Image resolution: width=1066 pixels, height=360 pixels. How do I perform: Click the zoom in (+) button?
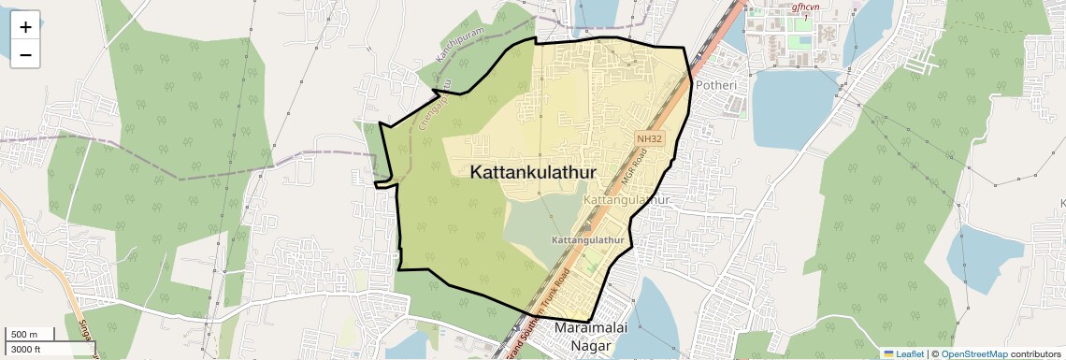(x=25, y=27)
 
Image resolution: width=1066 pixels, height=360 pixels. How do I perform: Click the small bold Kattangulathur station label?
(x=587, y=240)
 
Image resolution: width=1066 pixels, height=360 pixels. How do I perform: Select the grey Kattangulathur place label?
(x=627, y=201)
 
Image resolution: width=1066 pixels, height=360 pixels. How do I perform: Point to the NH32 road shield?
(x=649, y=138)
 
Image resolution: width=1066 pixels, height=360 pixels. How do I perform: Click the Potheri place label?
(x=715, y=85)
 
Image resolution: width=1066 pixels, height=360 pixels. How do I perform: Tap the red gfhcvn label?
(x=805, y=7)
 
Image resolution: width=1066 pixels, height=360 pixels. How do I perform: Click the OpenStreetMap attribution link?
(x=974, y=353)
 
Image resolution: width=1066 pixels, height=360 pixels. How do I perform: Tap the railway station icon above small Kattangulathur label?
(x=588, y=225)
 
